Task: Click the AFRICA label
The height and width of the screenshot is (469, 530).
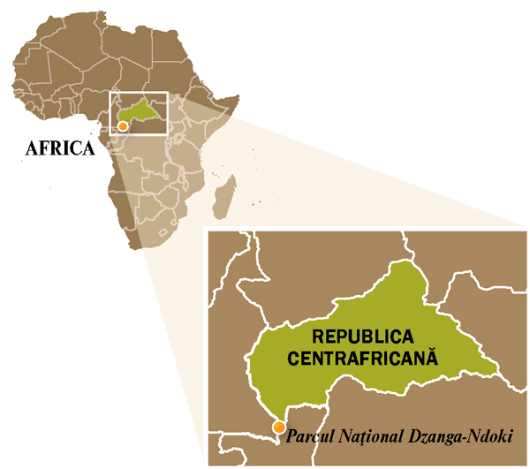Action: [59, 148]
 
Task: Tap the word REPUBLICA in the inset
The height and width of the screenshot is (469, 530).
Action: [363, 338]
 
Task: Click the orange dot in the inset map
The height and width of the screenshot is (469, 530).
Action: [279, 428]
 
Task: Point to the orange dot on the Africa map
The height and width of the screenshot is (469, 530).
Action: [123, 126]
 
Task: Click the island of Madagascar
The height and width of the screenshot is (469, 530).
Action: [226, 196]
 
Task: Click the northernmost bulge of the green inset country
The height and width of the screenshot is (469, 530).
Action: [407, 264]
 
